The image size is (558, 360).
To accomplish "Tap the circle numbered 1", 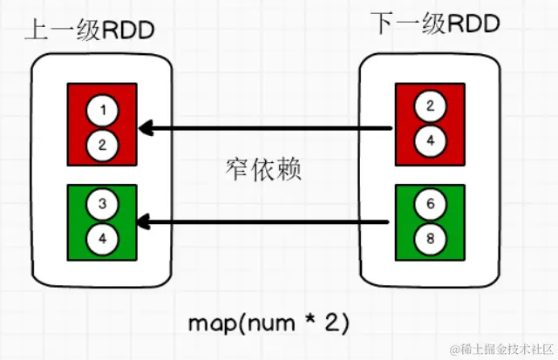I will [x=104, y=111].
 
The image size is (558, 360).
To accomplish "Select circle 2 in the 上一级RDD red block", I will [x=104, y=143].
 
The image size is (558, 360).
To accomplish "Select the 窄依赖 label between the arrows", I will [x=262, y=169].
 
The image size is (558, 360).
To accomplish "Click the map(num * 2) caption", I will [x=269, y=322].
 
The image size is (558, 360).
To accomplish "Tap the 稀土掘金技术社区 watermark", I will [x=499, y=349].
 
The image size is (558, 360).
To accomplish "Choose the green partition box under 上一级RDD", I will [x=101, y=221].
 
